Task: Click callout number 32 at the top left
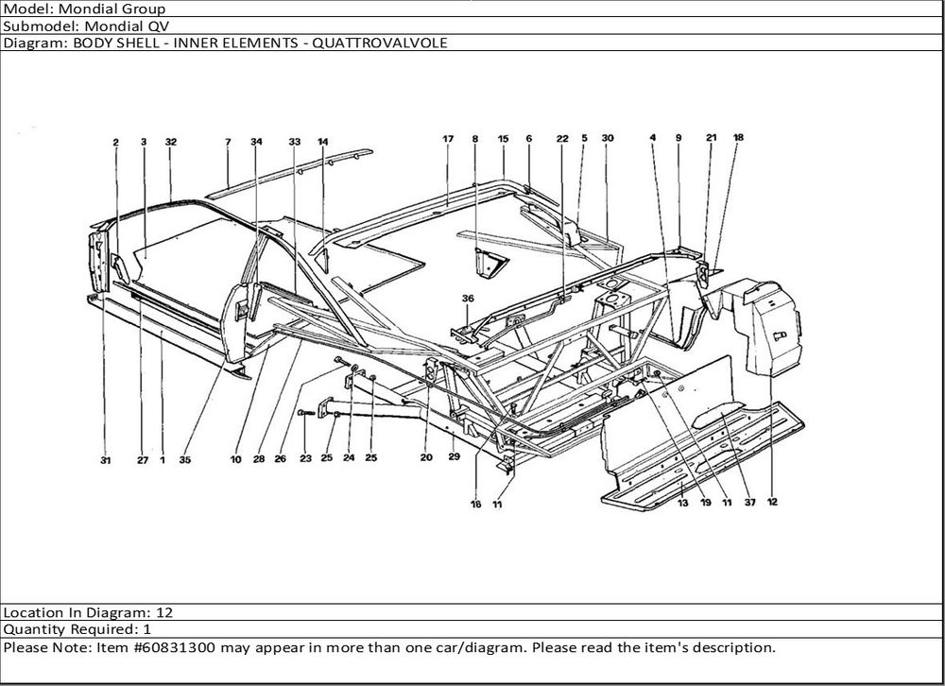[171, 142]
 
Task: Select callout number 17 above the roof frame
[448, 139]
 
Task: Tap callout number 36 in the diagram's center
[467, 299]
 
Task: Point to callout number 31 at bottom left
[105, 460]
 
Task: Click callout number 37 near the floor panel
[748, 502]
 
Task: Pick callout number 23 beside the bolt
[305, 459]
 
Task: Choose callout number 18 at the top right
[738, 137]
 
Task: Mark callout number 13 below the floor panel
[682, 502]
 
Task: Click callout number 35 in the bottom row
[184, 460]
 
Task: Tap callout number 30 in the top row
[608, 138]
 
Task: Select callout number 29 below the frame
[454, 457]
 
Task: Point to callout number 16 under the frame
[476, 504]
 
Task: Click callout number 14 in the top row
[322, 142]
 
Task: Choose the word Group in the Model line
[144, 9]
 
